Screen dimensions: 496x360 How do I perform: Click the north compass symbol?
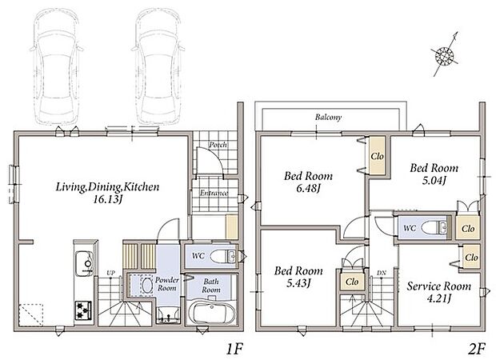point(445,55)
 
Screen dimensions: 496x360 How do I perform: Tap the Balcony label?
point(328,118)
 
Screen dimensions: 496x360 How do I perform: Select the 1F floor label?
point(234,350)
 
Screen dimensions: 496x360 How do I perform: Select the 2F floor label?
point(476,350)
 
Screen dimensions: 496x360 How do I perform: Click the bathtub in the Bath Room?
point(212,312)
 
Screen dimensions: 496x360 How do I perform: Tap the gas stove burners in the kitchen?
point(83,310)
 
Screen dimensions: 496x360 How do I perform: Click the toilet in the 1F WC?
point(222,256)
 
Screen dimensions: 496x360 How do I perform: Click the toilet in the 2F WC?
point(434,227)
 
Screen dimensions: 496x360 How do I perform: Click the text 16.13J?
point(108,200)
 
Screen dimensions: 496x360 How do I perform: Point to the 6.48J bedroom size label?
point(309,189)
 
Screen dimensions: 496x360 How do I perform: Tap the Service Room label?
point(438,286)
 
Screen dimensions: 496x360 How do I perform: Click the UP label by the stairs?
point(110,272)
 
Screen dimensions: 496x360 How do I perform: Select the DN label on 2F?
point(381,272)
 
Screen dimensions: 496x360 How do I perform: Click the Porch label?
point(218,145)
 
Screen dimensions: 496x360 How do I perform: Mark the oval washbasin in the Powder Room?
point(146,286)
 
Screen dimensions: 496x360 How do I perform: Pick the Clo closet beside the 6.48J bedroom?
point(377,156)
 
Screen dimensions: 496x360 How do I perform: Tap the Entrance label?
point(214,193)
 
